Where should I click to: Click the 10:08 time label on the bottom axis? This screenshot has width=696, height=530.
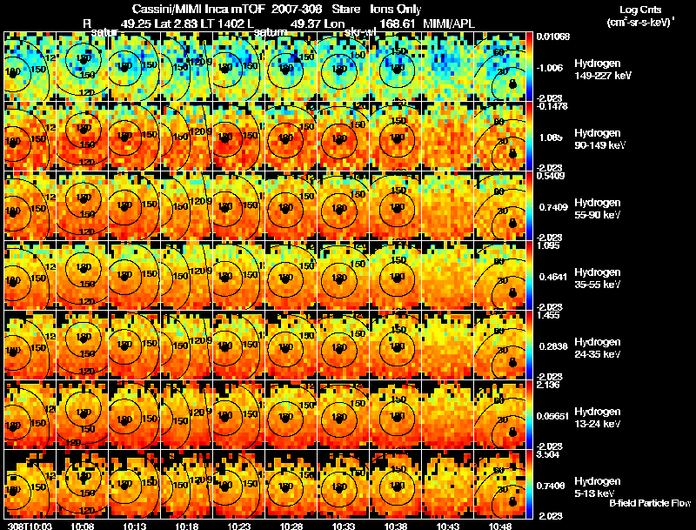pyautogui.click(x=83, y=526)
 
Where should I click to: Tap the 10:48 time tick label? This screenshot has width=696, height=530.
pyautogui.click(x=499, y=526)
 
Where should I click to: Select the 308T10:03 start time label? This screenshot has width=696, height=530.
pyautogui.click(x=29, y=526)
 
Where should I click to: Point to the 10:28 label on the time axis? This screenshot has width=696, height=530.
pyautogui.click(x=291, y=526)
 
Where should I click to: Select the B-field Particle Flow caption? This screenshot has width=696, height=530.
pyautogui.click(x=650, y=503)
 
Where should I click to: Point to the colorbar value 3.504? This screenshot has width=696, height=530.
pyautogui.click(x=548, y=454)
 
